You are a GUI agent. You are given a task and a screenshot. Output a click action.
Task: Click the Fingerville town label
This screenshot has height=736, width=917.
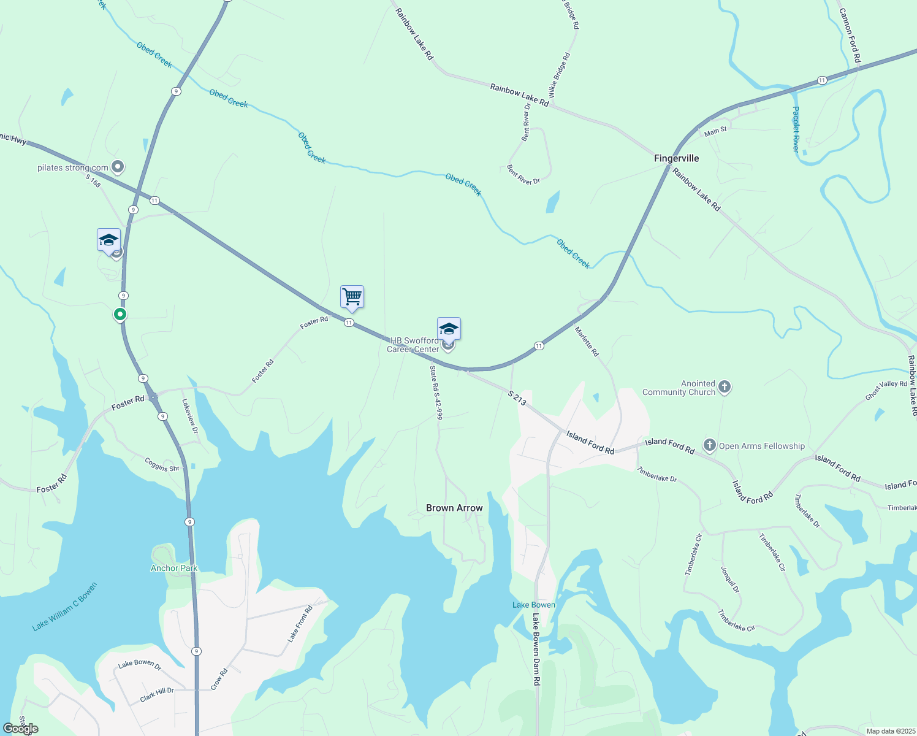pos(676,158)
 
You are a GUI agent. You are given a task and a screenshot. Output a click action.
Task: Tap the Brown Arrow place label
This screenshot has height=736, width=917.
pos(454,508)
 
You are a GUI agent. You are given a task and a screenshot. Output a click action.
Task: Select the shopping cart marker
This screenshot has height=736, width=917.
pos(352,297)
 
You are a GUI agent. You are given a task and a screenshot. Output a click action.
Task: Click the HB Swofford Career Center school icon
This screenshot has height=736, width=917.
pos(449,329)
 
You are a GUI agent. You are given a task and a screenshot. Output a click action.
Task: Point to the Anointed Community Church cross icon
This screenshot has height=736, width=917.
pos(724,387)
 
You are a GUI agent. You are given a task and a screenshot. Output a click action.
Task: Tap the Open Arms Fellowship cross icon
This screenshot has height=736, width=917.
pos(709,446)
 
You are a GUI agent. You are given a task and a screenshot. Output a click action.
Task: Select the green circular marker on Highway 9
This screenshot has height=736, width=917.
pos(120,315)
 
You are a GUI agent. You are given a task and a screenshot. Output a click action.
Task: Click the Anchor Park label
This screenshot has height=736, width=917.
pos(174,568)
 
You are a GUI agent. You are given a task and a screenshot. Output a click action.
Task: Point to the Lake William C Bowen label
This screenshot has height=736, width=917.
pos(64,607)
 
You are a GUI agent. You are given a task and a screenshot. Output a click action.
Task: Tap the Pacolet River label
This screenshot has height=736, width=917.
pos(796,129)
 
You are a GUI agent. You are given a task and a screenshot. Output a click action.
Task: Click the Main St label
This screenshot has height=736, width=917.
pos(715,131)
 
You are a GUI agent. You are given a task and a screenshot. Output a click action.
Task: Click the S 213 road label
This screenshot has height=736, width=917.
pos(517,398)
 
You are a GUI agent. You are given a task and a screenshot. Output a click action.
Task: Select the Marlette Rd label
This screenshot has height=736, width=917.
pos(587,342)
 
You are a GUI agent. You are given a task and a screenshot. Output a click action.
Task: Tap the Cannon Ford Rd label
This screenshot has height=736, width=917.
pos(850,35)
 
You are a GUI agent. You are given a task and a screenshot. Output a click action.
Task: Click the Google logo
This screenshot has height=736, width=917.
pos(21,729)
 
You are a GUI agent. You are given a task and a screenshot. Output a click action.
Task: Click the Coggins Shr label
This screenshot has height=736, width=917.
pos(162,464)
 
